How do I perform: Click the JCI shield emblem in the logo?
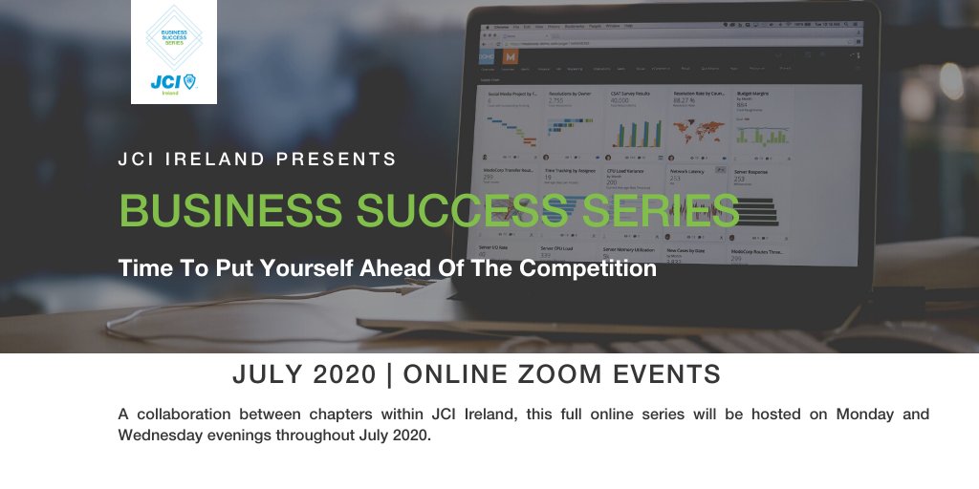(189, 83)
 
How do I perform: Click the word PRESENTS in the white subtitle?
(342, 159)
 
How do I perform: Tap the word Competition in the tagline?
(588, 268)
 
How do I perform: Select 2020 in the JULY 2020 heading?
(341, 375)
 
